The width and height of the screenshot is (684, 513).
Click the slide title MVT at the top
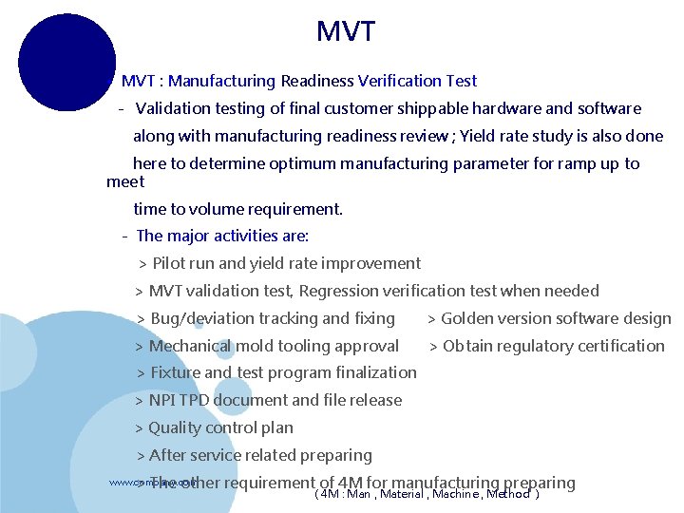(346, 31)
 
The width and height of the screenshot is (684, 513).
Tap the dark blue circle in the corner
(66, 62)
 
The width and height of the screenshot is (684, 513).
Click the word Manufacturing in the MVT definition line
(221, 82)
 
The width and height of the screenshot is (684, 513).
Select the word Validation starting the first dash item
(175, 109)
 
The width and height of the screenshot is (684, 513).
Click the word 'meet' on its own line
(125, 181)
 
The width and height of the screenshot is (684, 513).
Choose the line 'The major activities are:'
(222, 236)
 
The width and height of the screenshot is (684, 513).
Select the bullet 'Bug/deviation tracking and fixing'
(272, 318)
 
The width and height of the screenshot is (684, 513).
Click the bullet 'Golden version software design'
(556, 318)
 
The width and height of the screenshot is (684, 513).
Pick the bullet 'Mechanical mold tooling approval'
(274, 346)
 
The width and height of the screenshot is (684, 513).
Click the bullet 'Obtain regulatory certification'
(553, 346)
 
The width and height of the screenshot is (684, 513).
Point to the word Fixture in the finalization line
(176, 372)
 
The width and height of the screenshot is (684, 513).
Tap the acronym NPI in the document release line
(162, 400)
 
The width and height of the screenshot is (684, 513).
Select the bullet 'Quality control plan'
(220, 427)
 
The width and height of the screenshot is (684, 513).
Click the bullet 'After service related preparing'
(260, 455)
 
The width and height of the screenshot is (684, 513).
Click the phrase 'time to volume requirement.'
(237, 209)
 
